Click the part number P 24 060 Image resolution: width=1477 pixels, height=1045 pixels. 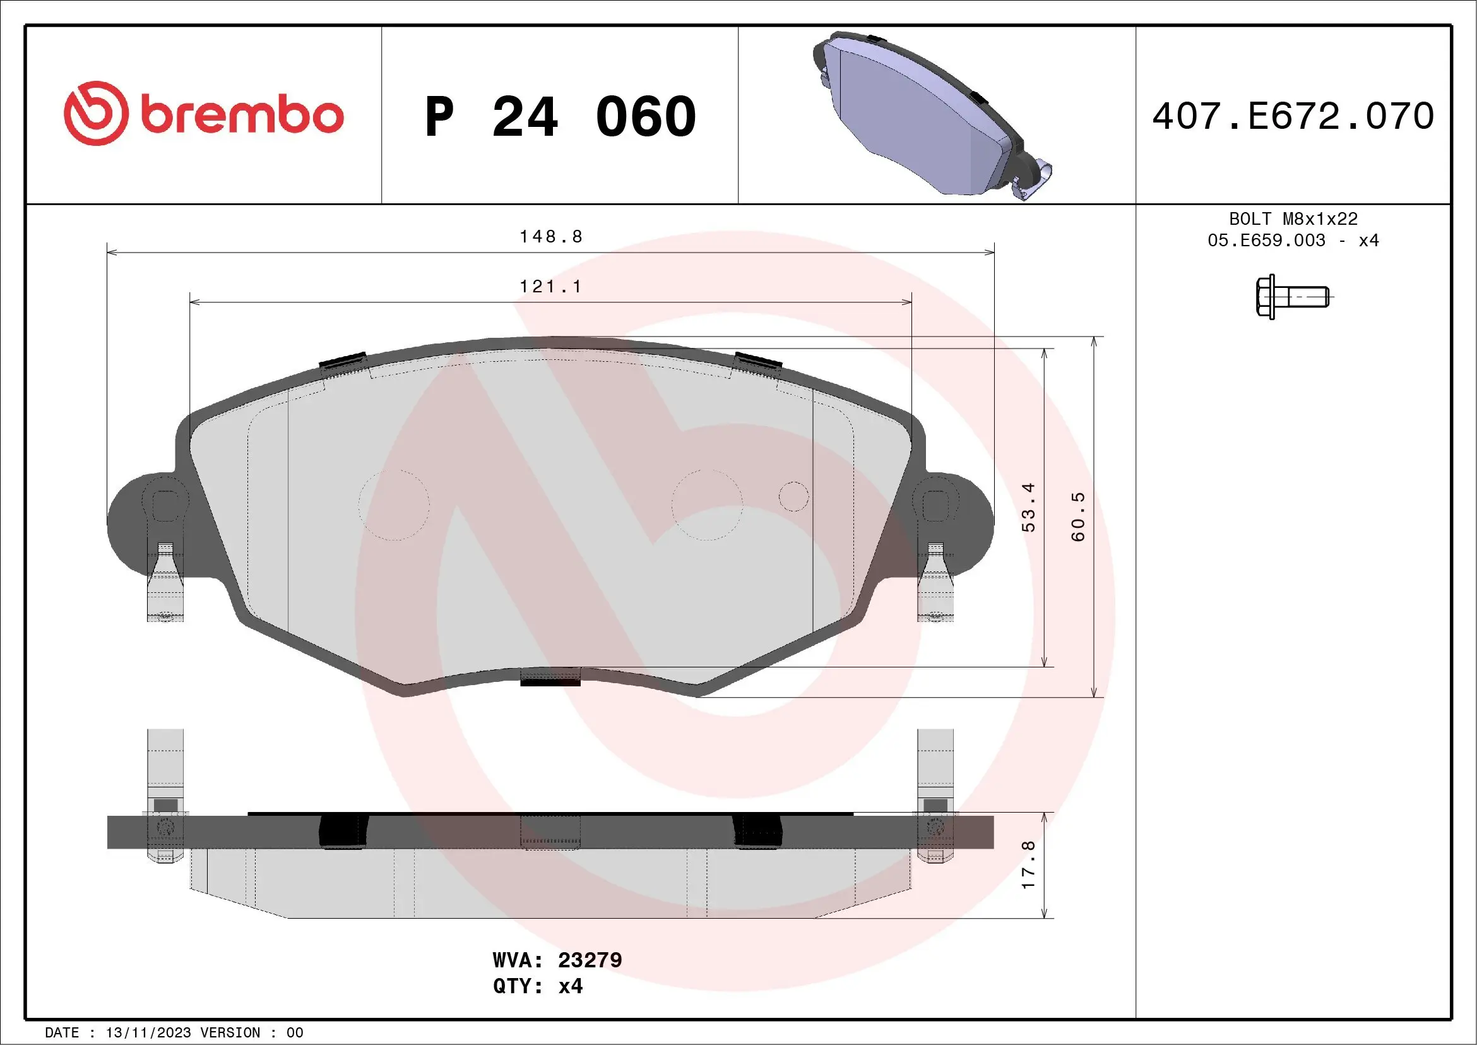(560, 116)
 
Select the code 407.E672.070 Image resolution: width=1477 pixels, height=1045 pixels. (1293, 116)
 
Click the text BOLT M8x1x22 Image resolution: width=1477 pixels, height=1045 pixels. (1293, 218)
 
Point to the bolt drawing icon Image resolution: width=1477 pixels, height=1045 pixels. (1291, 297)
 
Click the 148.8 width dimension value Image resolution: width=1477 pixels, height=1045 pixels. (550, 237)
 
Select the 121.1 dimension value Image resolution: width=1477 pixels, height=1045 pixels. (550, 286)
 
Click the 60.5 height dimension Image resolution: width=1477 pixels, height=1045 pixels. (1078, 517)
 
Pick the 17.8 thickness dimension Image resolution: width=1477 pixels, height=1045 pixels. (1029, 865)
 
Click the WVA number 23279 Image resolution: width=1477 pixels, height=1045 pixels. (590, 960)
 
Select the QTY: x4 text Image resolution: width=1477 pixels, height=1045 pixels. (538, 986)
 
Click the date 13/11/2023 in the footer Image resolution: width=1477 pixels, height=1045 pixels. (148, 1033)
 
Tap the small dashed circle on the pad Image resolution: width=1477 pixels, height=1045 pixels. (793, 497)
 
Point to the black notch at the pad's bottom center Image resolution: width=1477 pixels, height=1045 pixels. (550, 681)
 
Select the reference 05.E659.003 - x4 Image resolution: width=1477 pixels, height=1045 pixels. (1293, 241)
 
